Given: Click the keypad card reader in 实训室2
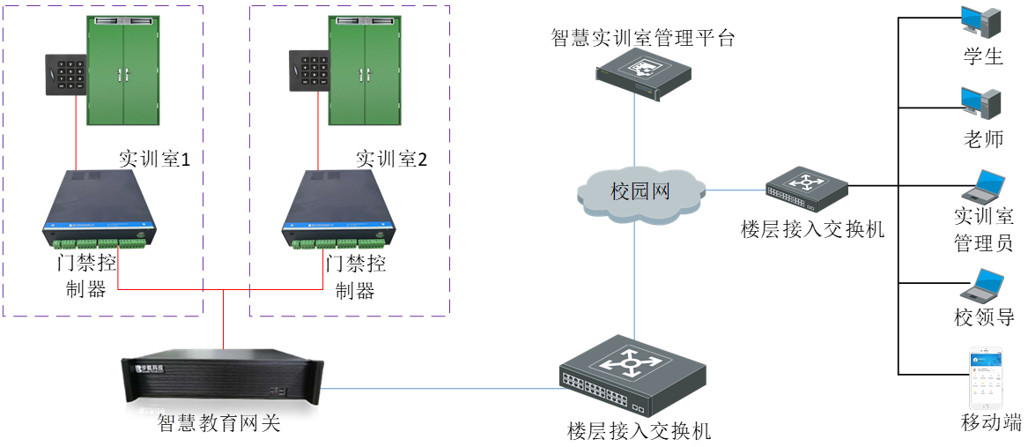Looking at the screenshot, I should click(x=308, y=71).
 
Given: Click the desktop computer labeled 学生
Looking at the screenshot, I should click(x=980, y=24).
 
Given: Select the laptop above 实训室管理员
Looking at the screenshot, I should click(x=983, y=186).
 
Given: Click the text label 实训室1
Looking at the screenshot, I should click(x=155, y=159).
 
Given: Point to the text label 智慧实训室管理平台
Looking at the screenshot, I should click(x=642, y=38).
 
